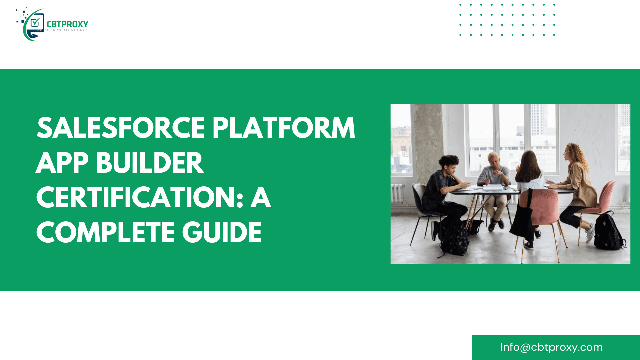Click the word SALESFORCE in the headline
click(x=121, y=128)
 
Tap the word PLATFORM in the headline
click(x=284, y=128)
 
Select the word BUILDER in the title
click(x=150, y=163)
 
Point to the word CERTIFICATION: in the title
click(x=140, y=197)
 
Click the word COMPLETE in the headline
click(x=105, y=232)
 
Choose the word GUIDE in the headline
click(x=222, y=232)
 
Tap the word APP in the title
click(x=62, y=163)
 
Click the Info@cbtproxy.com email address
click(x=551, y=347)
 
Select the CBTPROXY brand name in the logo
click(x=67, y=24)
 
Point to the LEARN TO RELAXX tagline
click(x=67, y=30)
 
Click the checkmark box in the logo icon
click(x=35, y=22)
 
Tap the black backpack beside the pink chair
click(x=609, y=231)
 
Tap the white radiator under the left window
click(x=398, y=193)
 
